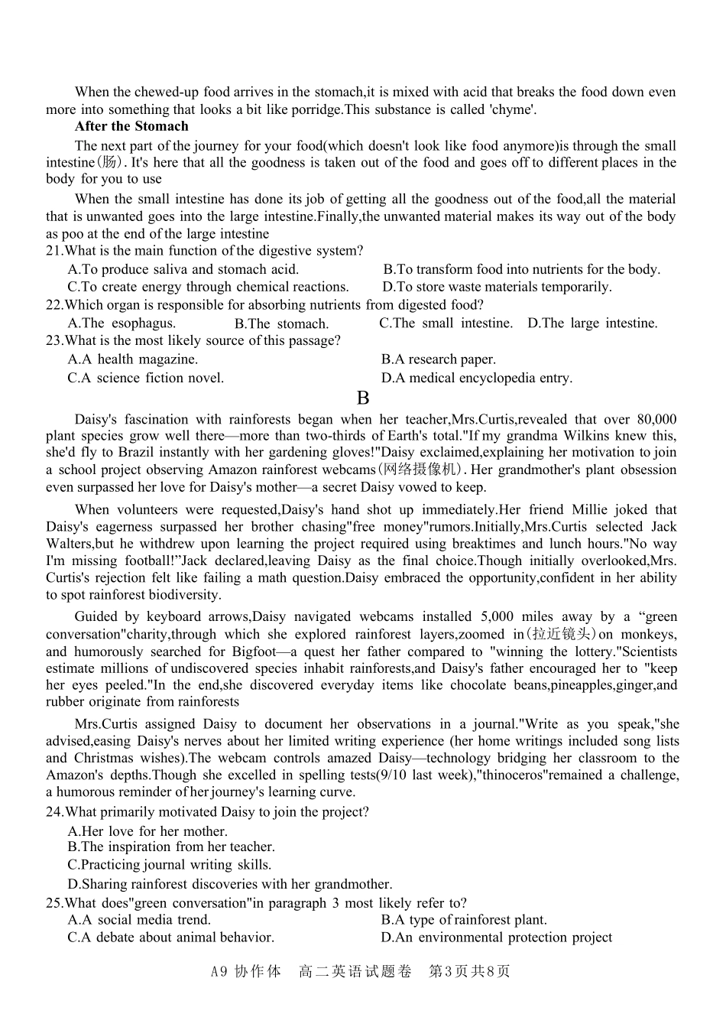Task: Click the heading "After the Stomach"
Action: tap(131, 127)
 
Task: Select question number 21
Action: tap(54, 251)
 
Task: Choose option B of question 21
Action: tap(521, 269)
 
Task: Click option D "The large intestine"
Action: tap(592, 323)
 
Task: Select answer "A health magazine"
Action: tap(133, 359)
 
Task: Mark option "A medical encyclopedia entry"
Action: tap(476, 378)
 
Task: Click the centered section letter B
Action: tap(363, 398)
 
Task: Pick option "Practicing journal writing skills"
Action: tap(170, 865)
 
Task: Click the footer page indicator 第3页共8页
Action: tap(469, 972)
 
